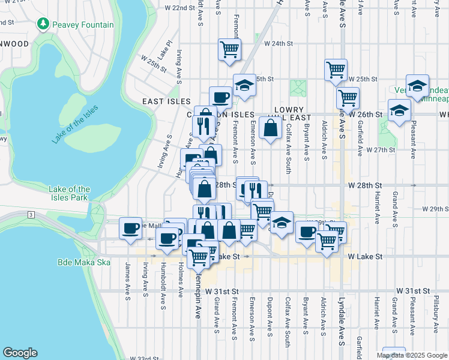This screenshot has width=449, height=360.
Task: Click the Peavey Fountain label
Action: point(82,25)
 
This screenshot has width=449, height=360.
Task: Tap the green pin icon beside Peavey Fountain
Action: point(43,24)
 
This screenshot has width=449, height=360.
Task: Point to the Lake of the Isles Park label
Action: point(69,193)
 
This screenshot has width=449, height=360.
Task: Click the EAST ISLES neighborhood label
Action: point(166,102)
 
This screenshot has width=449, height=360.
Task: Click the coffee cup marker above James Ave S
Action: point(130,228)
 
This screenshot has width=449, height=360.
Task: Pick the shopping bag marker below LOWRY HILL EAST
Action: point(271,127)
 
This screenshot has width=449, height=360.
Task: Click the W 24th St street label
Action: point(277,44)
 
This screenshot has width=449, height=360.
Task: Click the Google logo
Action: point(20,353)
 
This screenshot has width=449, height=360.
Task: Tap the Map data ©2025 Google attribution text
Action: point(411,355)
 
